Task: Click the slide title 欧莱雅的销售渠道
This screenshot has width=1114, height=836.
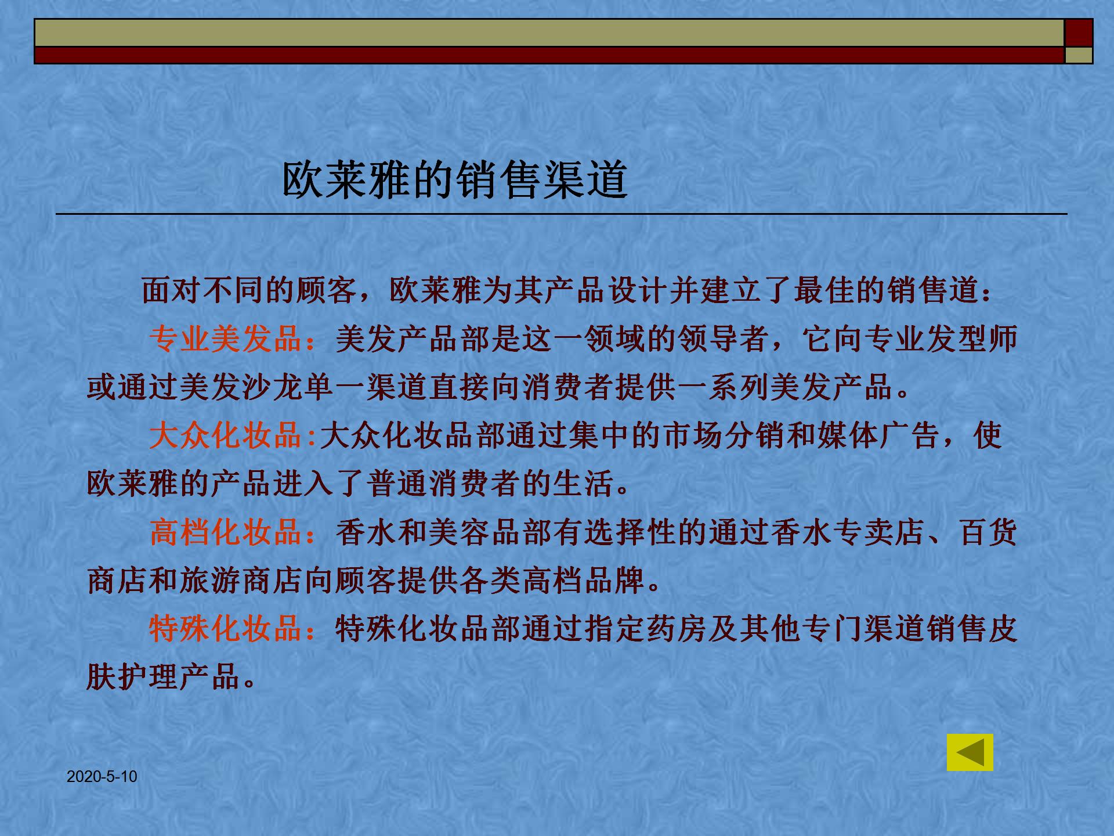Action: [x=454, y=180]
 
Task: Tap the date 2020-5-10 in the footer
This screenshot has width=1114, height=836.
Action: [x=102, y=777]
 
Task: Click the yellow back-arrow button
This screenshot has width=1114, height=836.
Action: [x=970, y=752]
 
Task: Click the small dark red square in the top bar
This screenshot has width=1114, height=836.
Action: [x=1079, y=33]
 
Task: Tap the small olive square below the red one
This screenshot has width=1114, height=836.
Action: [x=1079, y=55]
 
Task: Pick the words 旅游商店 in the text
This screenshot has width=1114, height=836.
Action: [x=241, y=580]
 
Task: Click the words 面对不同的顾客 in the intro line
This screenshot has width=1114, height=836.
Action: [x=249, y=290]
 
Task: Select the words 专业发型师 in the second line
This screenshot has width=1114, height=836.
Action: [x=940, y=338]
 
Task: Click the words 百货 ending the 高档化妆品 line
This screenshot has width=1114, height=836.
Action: [x=988, y=532]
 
